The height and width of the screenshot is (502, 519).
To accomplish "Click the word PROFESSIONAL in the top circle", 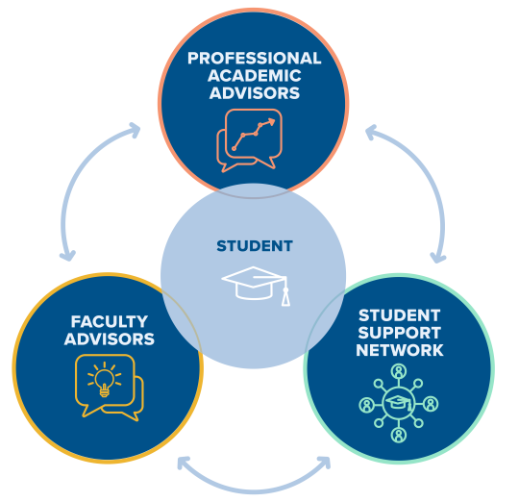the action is [x=254, y=59].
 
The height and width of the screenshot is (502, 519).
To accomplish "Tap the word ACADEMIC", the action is [x=254, y=76].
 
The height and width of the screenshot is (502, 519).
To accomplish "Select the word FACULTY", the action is [x=110, y=321].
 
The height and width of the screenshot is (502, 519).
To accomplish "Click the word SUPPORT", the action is [x=399, y=333].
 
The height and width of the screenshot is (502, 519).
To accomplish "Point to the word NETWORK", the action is [x=400, y=350].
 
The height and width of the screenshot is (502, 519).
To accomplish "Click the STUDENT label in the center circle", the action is [x=255, y=246].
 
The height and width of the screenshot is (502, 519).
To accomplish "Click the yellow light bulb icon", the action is [x=104, y=379].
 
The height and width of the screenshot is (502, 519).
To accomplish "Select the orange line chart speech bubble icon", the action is [x=250, y=140].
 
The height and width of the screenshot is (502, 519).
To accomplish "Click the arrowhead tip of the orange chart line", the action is [x=275, y=120].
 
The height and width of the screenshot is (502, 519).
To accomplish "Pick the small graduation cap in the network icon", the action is [x=399, y=403].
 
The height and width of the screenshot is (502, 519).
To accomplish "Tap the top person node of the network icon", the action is [x=399, y=371].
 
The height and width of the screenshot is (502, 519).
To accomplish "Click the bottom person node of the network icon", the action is [x=399, y=435].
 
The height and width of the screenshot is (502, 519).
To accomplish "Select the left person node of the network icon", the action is [x=367, y=404].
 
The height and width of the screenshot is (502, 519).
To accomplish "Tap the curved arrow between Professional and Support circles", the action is [x=429, y=175].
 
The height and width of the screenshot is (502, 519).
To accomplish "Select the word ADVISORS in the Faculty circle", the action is [x=110, y=339].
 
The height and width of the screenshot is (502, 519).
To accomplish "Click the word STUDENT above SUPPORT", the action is [x=399, y=315].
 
